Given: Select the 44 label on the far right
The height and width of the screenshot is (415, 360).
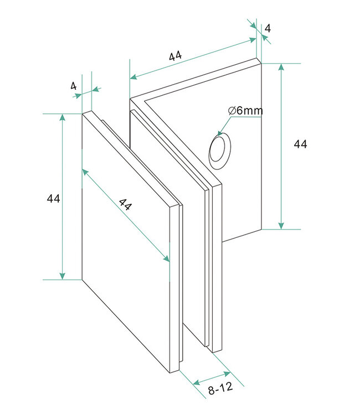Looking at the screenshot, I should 300,144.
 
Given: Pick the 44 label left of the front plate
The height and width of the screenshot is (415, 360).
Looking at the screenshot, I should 54,198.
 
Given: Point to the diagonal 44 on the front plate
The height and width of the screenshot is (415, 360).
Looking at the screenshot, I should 126,205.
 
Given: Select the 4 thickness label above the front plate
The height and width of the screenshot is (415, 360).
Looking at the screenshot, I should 73,86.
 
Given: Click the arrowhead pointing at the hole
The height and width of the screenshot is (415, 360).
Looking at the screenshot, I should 222,133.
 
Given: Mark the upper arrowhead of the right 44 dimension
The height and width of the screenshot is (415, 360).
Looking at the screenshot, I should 282,68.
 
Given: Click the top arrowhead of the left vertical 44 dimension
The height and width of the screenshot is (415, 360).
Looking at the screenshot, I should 63,118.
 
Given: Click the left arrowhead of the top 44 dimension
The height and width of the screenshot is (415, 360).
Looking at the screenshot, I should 133,77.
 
